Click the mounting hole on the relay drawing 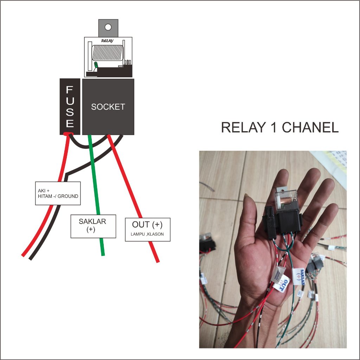pyautogui.click(x=108, y=27)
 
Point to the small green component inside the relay pyautogui.click(x=96, y=65)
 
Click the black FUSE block pyautogui.click(x=70, y=106)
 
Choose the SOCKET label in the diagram pyautogui.click(x=108, y=107)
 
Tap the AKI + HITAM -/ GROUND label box pyautogui.click(x=58, y=193)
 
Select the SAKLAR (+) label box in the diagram pyautogui.click(x=93, y=226)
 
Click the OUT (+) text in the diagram pyautogui.click(x=147, y=225)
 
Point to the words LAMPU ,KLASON pyautogui.click(x=147, y=234)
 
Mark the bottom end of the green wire pyautogui.click(x=102, y=253)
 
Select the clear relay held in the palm pyautogui.click(x=286, y=201)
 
